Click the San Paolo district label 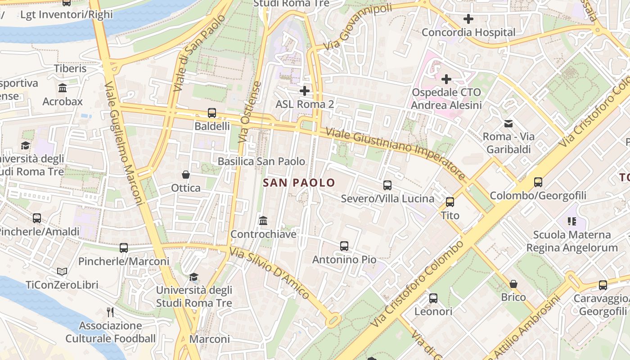tap(299, 183)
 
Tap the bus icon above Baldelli tap(212, 113)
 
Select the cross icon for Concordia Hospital tap(468, 19)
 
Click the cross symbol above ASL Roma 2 tap(305, 91)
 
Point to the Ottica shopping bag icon tap(185, 174)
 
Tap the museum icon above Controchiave tap(263, 220)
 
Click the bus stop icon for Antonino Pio tap(344, 246)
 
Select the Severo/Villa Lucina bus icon tap(387, 185)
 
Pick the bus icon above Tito tap(450, 202)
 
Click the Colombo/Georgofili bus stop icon tap(538, 182)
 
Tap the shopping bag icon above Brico tap(513, 284)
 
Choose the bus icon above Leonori tap(433, 298)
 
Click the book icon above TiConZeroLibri tap(62, 271)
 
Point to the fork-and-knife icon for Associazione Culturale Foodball tap(110, 312)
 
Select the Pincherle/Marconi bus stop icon tap(124, 247)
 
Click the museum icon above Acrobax tap(63, 88)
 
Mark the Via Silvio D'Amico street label tap(269, 273)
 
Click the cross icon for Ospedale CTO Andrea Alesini tap(446, 79)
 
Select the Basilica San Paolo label tap(261, 161)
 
